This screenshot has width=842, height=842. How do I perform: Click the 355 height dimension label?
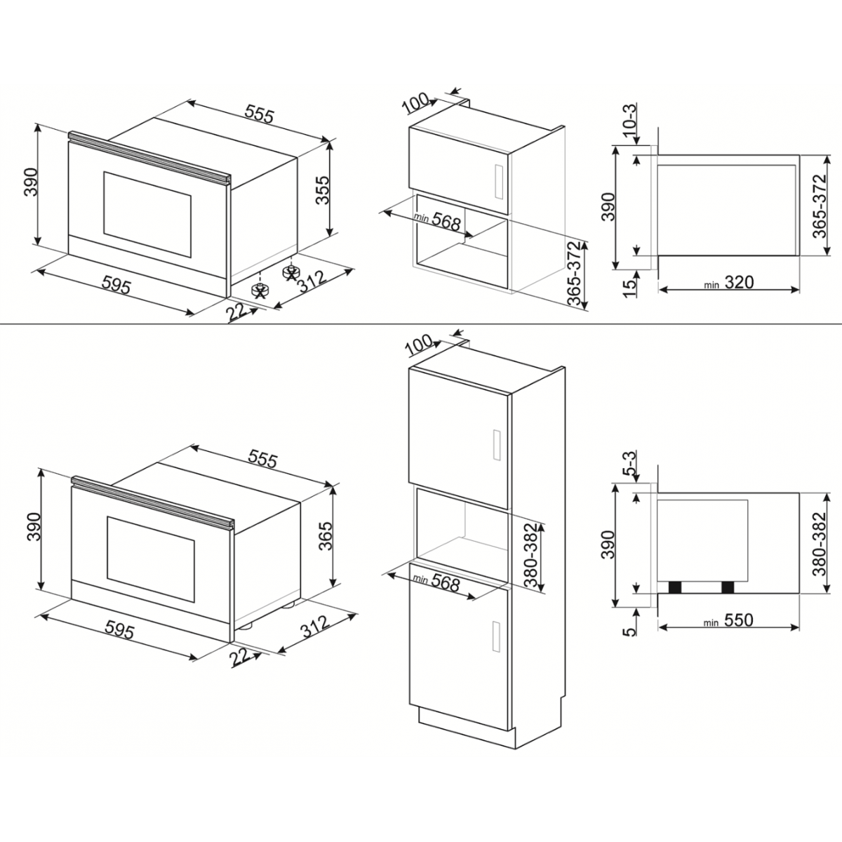pos(321,189)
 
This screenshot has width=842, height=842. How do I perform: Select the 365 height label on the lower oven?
pos(323,539)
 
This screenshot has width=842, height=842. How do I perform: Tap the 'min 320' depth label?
pos(730,283)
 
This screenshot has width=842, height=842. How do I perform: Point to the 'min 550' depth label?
pos(730,620)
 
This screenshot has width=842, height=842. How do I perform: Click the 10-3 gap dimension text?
pos(629,120)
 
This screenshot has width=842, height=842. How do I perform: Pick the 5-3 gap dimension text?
pos(629,464)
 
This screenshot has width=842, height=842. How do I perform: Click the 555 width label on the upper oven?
pos(259,114)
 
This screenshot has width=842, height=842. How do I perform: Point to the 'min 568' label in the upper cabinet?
pos(439,222)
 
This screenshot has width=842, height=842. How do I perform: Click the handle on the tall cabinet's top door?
pos(497,446)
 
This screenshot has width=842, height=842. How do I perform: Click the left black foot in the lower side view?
pos(676,588)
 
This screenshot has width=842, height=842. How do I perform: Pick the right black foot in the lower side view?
pos(727,588)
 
